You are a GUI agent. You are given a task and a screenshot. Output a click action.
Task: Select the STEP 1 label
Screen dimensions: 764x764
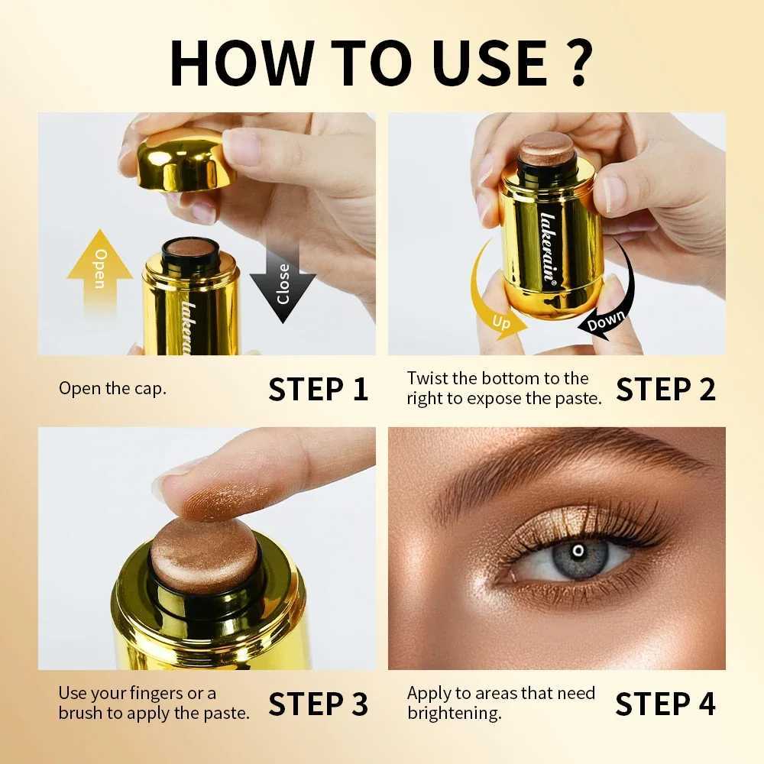[x=318, y=389]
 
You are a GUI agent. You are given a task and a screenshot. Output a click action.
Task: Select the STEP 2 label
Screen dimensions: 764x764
[x=665, y=389]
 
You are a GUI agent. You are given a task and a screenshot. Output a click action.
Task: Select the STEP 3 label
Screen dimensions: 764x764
[x=318, y=704]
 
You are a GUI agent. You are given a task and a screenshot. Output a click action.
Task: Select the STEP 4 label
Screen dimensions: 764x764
[x=665, y=704]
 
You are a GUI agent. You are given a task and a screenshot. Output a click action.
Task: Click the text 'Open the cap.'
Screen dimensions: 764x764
[x=112, y=388]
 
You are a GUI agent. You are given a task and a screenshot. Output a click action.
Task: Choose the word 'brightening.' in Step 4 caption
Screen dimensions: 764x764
[x=454, y=714]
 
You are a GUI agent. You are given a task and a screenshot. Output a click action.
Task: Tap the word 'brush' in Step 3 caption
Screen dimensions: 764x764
[x=83, y=714]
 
